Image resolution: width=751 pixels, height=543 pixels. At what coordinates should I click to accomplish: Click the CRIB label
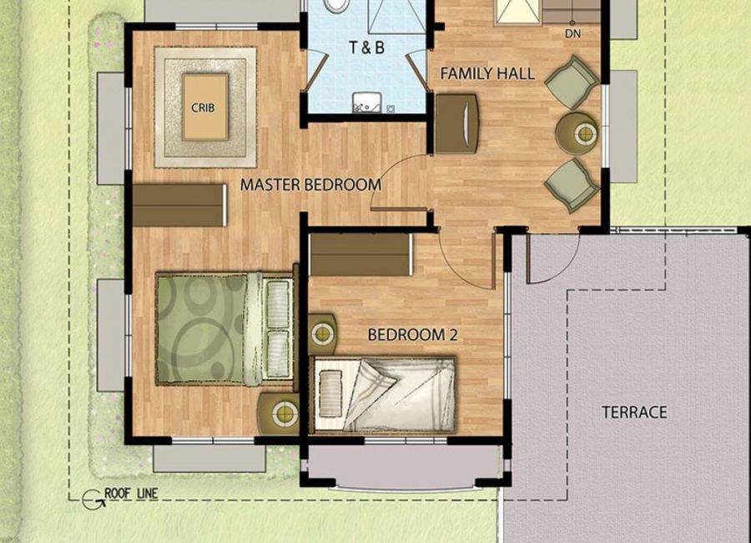point(203,108)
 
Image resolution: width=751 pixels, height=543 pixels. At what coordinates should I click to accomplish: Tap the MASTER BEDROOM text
point(310,185)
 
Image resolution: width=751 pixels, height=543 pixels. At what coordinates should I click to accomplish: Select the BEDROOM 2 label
point(412,335)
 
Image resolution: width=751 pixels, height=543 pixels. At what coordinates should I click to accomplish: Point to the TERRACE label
point(634,412)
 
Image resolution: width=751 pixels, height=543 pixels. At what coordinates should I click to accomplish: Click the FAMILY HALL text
point(487,74)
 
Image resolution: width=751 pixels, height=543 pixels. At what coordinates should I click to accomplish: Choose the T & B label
point(366,48)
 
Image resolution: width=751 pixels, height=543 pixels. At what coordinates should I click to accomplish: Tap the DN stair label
point(572,33)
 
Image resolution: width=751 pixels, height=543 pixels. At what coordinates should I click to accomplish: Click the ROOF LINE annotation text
point(131,493)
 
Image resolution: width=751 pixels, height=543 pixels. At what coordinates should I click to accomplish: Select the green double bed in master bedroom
point(224,329)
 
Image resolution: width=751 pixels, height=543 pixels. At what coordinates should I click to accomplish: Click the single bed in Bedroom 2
point(384,395)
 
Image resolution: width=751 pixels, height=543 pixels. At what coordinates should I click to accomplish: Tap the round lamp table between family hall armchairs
point(577,133)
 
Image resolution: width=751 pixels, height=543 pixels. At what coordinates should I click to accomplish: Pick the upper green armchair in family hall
point(572,82)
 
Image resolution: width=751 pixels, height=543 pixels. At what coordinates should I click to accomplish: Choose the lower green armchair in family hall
point(572,185)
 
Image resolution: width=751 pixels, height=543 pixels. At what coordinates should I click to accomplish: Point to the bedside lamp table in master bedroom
point(278,414)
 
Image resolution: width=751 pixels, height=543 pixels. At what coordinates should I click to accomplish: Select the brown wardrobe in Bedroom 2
point(361,254)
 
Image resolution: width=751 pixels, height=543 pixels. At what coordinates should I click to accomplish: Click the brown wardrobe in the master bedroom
point(179,205)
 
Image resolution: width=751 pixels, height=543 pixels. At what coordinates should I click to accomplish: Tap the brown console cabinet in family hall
point(457,124)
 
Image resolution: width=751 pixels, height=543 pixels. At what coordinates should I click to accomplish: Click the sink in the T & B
point(367,102)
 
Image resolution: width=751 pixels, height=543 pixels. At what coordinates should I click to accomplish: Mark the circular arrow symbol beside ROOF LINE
point(91,500)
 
